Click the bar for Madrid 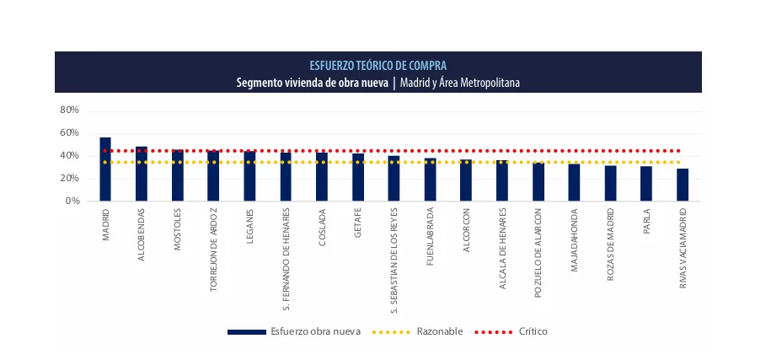pyautogui.click(x=105, y=169)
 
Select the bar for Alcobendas pyautogui.click(x=142, y=174)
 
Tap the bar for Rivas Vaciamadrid pyautogui.click(x=683, y=185)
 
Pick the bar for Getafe pyautogui.click(x=358, y=177)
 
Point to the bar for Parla pyautogui.click(x=646, y=184)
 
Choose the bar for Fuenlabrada pyautogui.click(x=430, y=180)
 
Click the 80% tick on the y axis pyautogui.click(x=70, y=110)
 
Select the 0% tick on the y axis pyautogui.click(x=72, y=201)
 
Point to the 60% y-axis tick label pyautogui.click(x=70, y=133)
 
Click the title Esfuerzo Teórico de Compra pyautogui.click(x=378, y=65)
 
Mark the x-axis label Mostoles pyautogui.click(x=178, y=228)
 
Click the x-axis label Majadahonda pyautogui.click(x=575, y=235)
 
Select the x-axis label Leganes pyautogui.click(x=250, y=226)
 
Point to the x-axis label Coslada pyautogui.click(x=322, y=226)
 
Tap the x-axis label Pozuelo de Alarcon pyautogui.click(x=538, y=252)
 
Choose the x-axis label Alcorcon pyautogui.click(x=466, y=229)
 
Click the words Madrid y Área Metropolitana pyautogui.click(x=460, y=83)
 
